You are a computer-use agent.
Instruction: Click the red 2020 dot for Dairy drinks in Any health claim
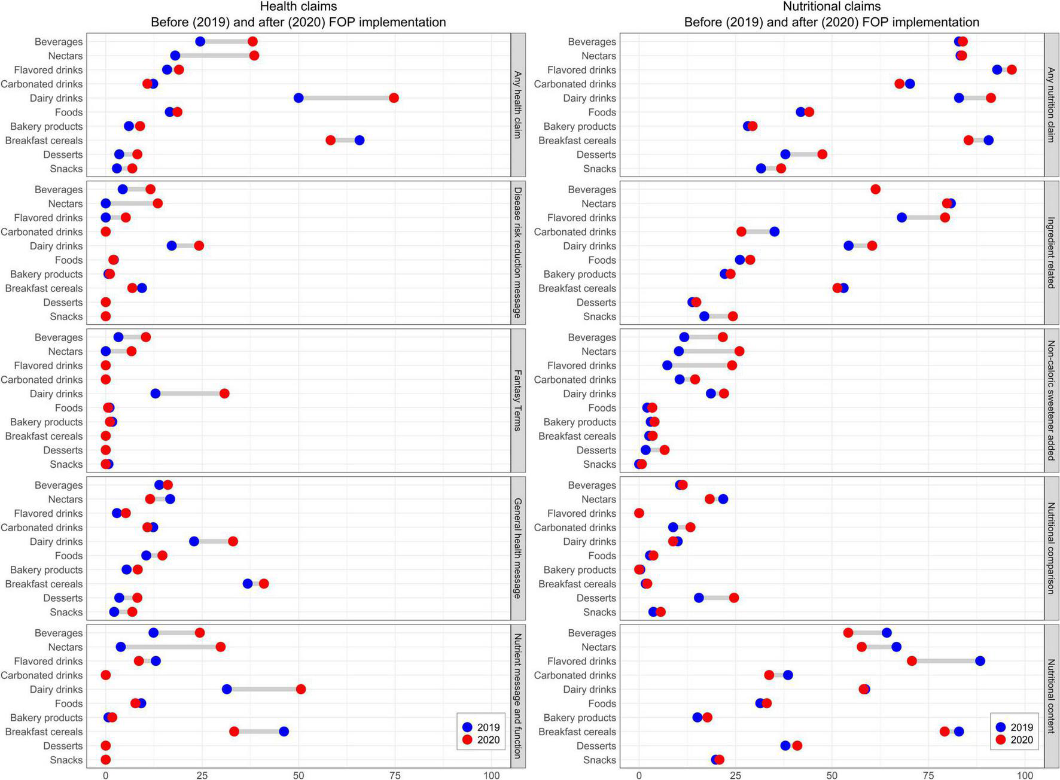click(394, 98)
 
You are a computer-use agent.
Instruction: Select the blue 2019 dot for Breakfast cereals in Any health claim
click(360, 141)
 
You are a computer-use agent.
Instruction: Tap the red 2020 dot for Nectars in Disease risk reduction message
click(158, 203)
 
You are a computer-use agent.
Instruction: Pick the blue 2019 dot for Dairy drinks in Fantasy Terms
click(156, 394)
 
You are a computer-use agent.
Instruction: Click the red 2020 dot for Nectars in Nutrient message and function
click(221, 647)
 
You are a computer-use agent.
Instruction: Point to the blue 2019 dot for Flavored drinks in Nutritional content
click(980, 661)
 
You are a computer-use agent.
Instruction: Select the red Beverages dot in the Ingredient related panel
click(875, 190)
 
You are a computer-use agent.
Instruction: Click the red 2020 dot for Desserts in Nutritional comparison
click(734, 598)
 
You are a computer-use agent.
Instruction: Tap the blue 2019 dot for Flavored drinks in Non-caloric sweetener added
click(668, 365)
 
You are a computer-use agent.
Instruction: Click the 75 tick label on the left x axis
click(395, 775)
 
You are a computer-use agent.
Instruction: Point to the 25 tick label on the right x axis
click(735, 775)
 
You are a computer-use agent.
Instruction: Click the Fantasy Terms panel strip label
click(518, 401)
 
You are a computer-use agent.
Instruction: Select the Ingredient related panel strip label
click(1051, 253)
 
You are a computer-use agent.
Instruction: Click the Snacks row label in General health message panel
click(66, 612)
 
